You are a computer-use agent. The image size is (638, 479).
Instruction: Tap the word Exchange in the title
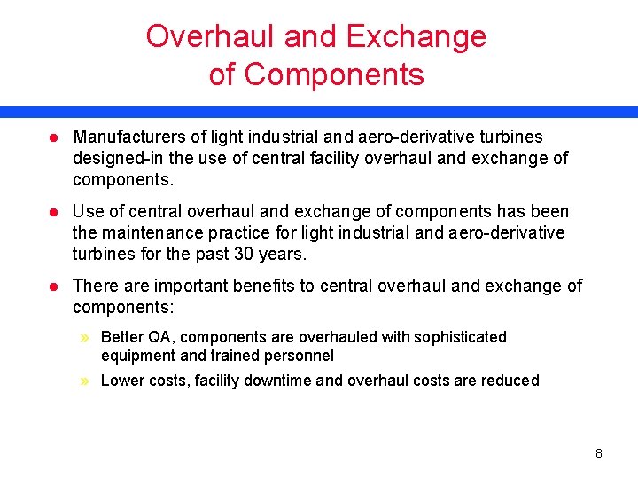pos(416,36)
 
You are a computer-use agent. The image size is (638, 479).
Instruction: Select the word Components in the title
pos(334,75)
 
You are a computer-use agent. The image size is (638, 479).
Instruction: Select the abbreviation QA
pos(154,337)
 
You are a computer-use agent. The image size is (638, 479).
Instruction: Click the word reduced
pos(510,381)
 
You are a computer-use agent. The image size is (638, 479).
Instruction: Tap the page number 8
pos(599,453)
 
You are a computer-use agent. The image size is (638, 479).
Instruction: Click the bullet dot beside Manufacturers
pos(53,137)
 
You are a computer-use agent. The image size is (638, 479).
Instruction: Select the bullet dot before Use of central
pos(53,212)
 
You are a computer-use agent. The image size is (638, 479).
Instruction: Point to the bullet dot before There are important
pos(53,287)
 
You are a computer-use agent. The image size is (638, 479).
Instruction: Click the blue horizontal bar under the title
pos(319,113)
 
